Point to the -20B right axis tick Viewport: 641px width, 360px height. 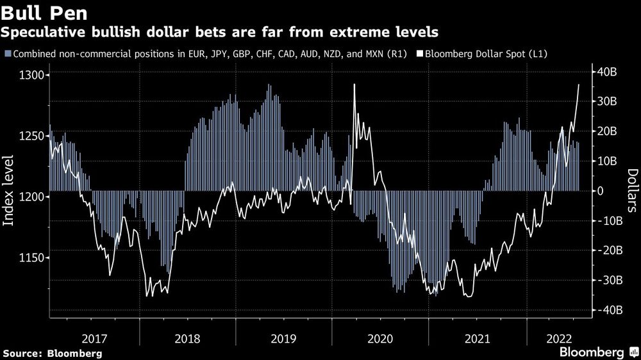pos(605,250)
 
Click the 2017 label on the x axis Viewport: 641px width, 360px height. pos(94,338)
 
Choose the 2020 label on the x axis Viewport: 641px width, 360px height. pos(381,338)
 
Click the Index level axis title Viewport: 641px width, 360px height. pos(9,190)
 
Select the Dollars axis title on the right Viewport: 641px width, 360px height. pos(631,190)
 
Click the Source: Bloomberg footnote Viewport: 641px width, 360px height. pos(52,353)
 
